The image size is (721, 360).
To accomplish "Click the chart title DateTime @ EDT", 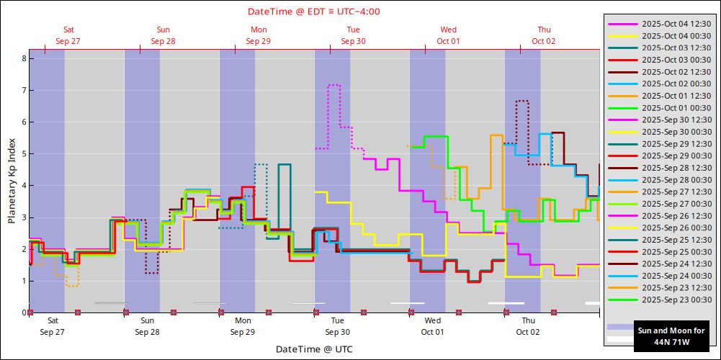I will click(x=313, y=11).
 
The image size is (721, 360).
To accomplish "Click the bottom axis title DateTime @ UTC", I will click(x=313, y=348).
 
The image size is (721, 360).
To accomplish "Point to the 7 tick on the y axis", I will click(x=24, y=90).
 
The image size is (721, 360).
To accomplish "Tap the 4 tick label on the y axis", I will click(x=24, y=185).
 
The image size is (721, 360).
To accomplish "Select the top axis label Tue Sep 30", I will click(x=353, y=35).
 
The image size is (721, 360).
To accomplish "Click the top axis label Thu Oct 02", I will click(x=544, y=35).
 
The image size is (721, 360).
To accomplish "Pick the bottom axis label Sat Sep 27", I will click(x=53, y=326).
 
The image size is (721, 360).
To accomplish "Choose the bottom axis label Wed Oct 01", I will click(x=433, y=326).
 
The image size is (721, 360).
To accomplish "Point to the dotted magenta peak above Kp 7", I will click(x=334, y=85).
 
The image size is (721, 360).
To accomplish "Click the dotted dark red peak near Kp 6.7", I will click(x=522, y=101).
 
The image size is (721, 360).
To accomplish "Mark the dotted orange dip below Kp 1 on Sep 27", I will click(x=72, y=286).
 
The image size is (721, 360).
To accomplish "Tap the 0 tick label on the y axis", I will click(x=24, y=312).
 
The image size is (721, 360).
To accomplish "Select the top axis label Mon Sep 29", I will click(x=258, y=35).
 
